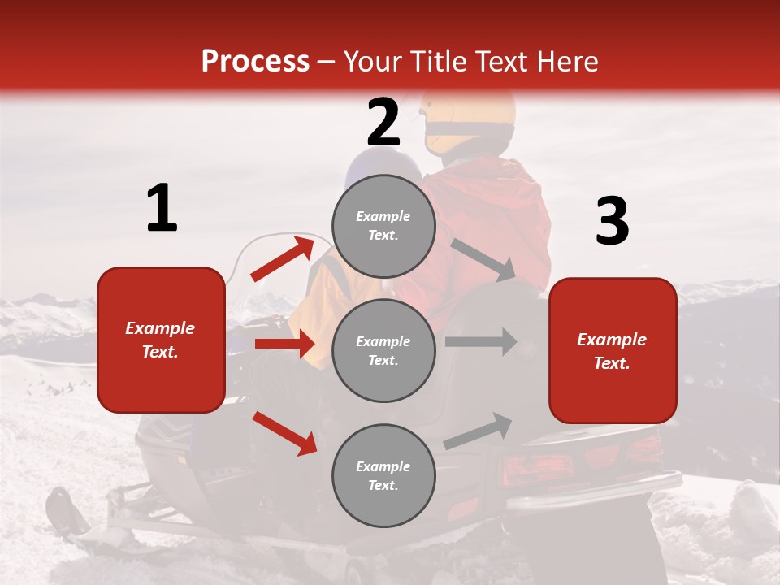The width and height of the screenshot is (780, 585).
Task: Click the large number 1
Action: coord(162,209)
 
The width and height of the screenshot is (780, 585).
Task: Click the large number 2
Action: coord(383,123)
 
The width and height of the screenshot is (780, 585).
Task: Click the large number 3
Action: coord(612,222)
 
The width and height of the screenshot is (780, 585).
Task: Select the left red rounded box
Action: coord(161,340)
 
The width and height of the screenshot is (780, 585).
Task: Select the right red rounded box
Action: coord(613,351)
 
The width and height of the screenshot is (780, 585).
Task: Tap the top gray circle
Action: coord(383,226)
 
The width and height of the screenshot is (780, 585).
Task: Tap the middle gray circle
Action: coord(383,350)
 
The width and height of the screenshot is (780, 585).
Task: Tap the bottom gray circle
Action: coord(383,475)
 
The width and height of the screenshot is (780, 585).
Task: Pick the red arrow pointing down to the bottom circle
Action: coord(285,432)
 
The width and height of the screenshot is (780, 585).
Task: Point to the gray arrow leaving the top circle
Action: coord(483,259)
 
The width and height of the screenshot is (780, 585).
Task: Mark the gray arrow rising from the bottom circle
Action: coord(478,431)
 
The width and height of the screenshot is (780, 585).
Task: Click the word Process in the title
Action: coord(255,61)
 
